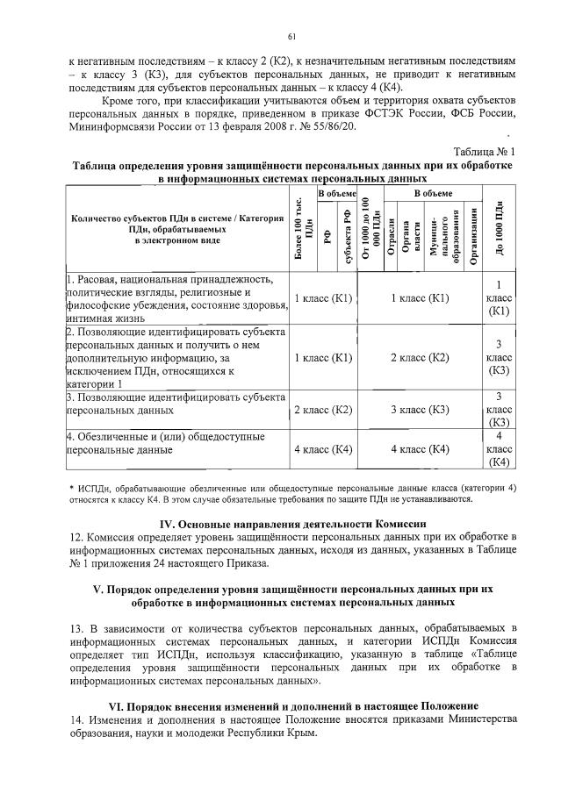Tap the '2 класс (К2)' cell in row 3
tap(322, 409)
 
